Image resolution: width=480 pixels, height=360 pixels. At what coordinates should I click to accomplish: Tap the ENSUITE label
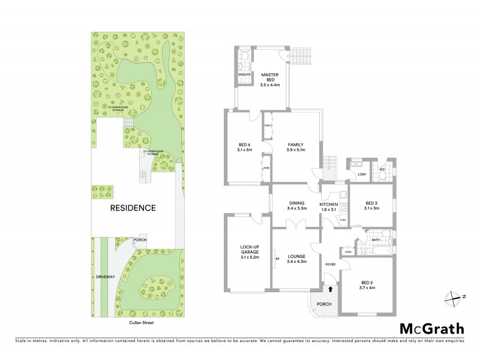click(244, 74)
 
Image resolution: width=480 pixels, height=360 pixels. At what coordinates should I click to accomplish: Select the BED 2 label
click(367, 283)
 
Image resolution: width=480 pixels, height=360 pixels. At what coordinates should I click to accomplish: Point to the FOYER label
click(331, 263)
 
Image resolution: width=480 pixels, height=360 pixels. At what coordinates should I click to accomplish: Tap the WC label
click(382, 169)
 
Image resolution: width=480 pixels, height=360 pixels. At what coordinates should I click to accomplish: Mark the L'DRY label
click(362, 174)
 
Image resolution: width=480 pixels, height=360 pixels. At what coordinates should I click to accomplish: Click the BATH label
click(376, 239)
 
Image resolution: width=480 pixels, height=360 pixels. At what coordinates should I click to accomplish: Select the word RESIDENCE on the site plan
click(133, 208)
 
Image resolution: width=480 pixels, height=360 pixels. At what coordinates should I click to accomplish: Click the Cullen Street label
click(137, 322)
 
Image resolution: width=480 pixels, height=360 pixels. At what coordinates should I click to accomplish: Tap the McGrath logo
click(431, 328)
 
